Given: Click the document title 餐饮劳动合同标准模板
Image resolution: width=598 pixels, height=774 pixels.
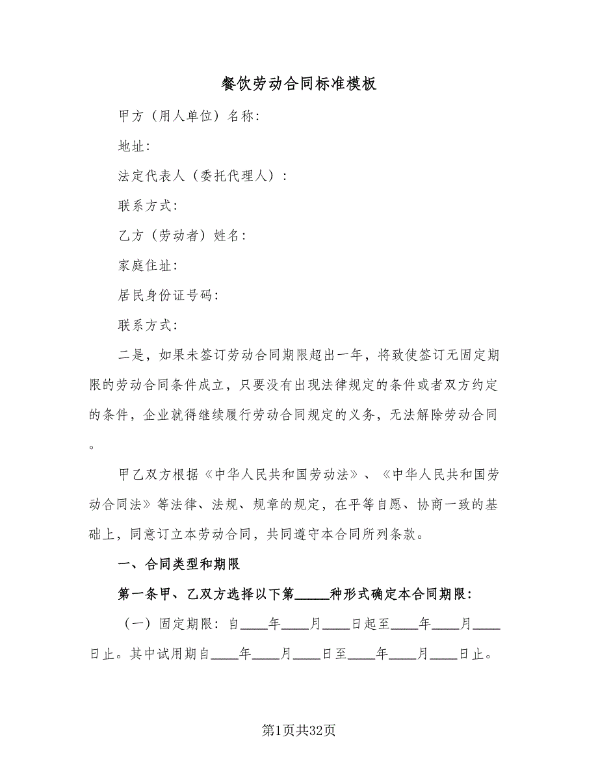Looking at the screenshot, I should click(298, 84).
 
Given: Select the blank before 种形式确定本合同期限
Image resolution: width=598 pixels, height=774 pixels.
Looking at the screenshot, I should click(313, 595).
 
